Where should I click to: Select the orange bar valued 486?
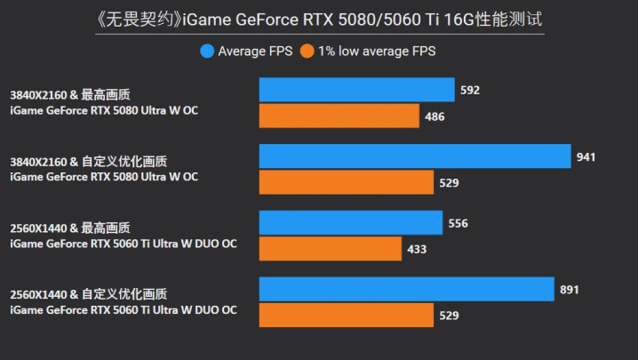tap(339, 116)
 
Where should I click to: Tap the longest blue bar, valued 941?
tap(415, 156)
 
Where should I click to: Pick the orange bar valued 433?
tap(331, 249)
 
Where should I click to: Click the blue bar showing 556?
tap(351, 223)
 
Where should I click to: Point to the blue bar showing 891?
tap(407, 289)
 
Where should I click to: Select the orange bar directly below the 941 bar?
tap(347, 182)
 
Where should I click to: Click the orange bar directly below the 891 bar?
tap(347, 316)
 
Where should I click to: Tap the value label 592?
tap(470, 89)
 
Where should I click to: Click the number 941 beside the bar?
tap(586, 156)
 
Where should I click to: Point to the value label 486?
tap(435, 116)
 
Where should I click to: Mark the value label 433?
tap(418, 249)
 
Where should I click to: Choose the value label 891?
tap(570, 289)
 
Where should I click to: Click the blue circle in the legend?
tap(207, 52)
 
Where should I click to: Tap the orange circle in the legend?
tap(307, 52)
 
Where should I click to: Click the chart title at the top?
tap(319, 18)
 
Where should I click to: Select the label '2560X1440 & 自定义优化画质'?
tap(89, 294)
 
